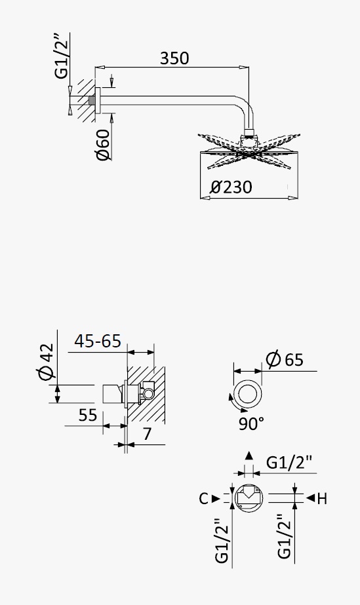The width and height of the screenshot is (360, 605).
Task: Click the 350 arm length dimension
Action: pyautogui.click(x=174, y=58)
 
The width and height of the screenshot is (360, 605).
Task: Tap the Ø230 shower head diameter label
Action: pyautogui.click(x=231, y=187)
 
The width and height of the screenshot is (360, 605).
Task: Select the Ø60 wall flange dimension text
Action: pyautogui.click(x=103, y=145)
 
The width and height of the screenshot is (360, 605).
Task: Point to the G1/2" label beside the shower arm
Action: pyautogui.click(x=61, y=56)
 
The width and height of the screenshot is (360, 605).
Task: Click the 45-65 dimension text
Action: pyautogui.click(x=98, y=342)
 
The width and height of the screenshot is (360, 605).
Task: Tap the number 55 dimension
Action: pyautogui.click(x=88, y=416)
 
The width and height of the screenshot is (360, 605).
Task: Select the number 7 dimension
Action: pyautogui.click(x=147, y=434)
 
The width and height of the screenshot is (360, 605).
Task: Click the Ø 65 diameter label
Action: pyautogui.click(x=285, y=360)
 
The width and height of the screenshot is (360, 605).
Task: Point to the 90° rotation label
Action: pyautogui.click(x=251, y=423)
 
